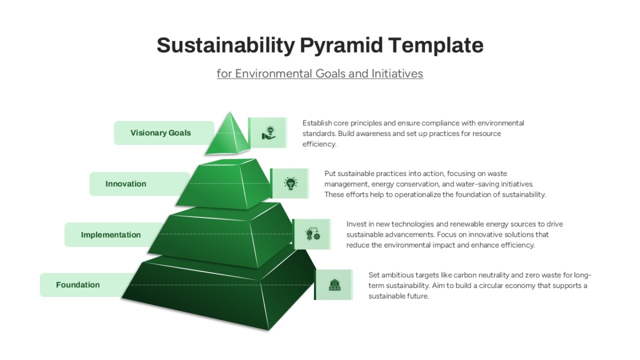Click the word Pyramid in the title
(341, 46)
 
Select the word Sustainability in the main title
(226, 46)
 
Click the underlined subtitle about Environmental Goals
(319, 74)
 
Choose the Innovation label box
(139, 183)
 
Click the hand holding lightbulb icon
(269, 133)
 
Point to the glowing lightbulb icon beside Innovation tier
(291, 183)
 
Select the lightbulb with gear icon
(313, 234)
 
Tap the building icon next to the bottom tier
(334, 285)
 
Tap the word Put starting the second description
(330, 174)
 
